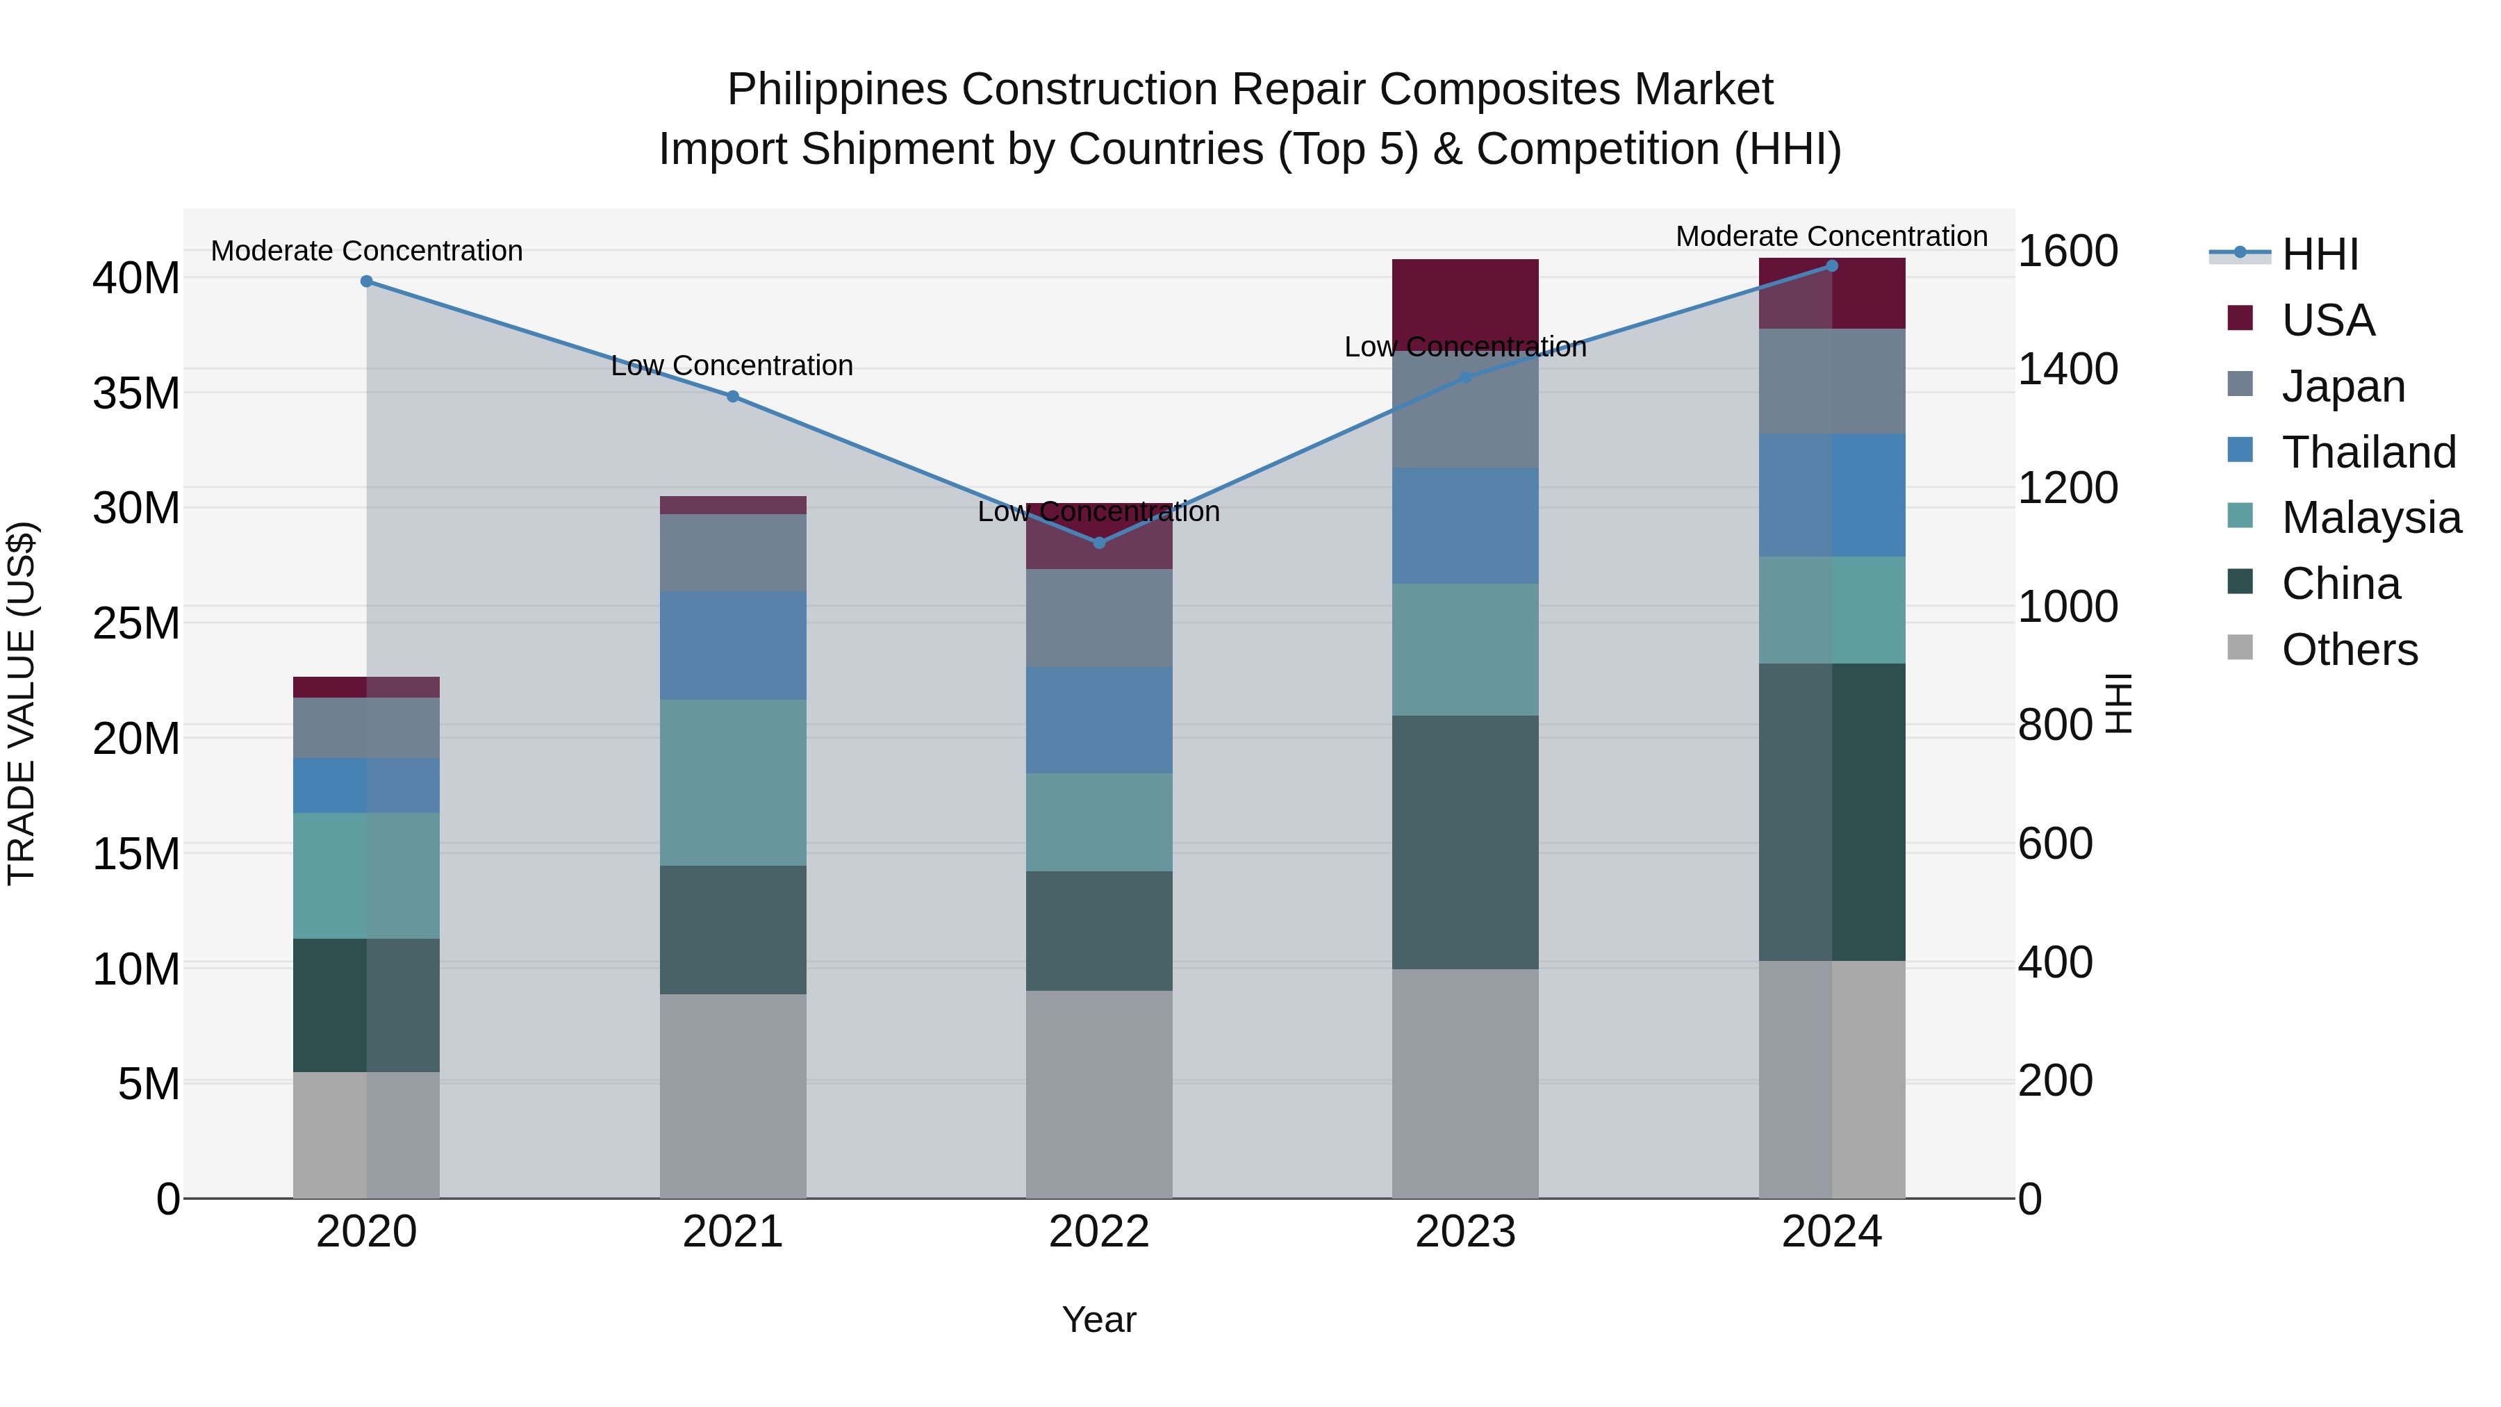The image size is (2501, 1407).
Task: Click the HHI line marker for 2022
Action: click(x=1099, y=543)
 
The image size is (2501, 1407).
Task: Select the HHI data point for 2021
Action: click(x=733, y=396)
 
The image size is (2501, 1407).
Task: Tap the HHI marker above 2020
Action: click(x=366, y=281)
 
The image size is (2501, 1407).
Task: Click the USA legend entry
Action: click(x=2327, y=320)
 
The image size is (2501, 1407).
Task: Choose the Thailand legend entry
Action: click(x=2368, y=452)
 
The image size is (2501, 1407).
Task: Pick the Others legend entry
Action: click(x=2349, y=650)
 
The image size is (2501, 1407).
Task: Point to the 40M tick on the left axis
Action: click(x=136, y=279)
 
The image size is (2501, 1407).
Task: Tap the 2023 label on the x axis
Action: click(x=1465, y=1232)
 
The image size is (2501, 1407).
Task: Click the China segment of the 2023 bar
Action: click(x=1465, y=842)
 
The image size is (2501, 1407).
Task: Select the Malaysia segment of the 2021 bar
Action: click(x=733, y=782)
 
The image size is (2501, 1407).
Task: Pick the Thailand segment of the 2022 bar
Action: click(x=1099, y=720)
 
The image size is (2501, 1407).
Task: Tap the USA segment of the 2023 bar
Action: click(x=1465, y=296)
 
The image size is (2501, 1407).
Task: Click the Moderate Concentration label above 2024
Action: click(x=1831, y=236)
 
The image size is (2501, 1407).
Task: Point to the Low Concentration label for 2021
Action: click(x=732, y=366)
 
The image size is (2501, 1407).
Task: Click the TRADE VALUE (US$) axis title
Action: click(x=22, y=703)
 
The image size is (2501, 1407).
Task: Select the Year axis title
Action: click(x=1099, y=1319)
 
